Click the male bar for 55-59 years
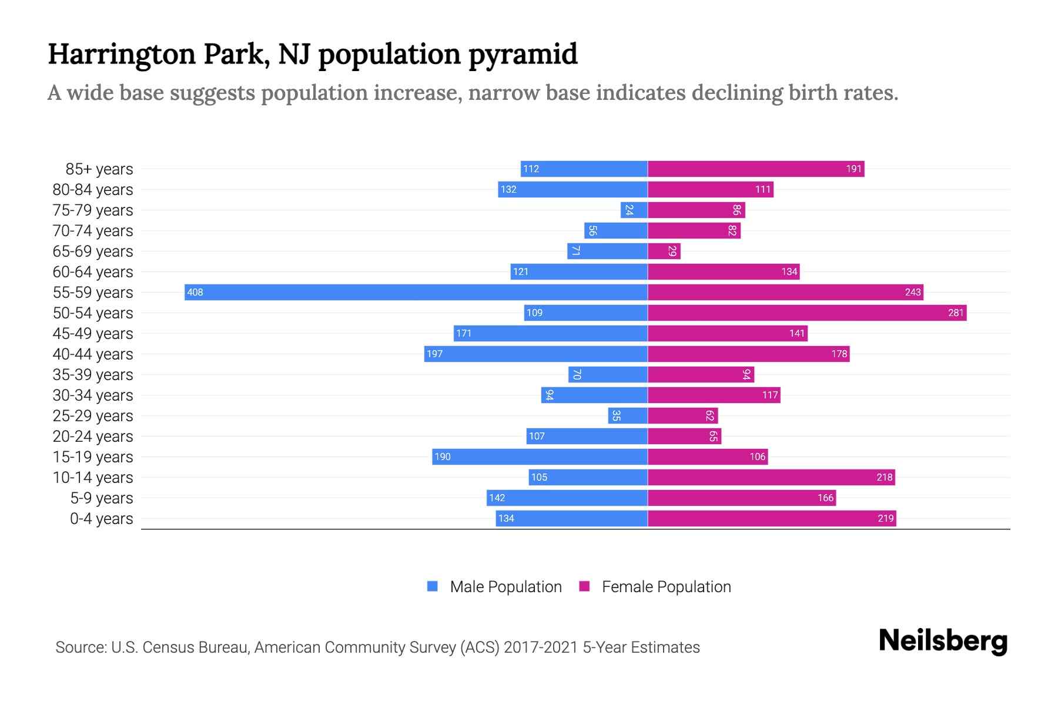tap(416, 292)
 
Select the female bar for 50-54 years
tap(806, 313)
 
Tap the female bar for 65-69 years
tap(664, 251)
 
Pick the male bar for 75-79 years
tap(634, 210)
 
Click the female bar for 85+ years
tap(755, 169)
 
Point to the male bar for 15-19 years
tap(540, 456)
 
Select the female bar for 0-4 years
tap(771, 518)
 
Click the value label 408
tap(195, 292)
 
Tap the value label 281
tap(956, 313)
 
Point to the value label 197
tap(435, 354)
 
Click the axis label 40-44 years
tap(93, 354)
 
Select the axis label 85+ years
tap(99, 169)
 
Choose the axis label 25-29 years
tap(93, 416)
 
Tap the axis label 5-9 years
tap(102, 498)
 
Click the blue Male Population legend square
tap(433, 586)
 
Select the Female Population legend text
tap(666, 586)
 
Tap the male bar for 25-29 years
tap(628, 415)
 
